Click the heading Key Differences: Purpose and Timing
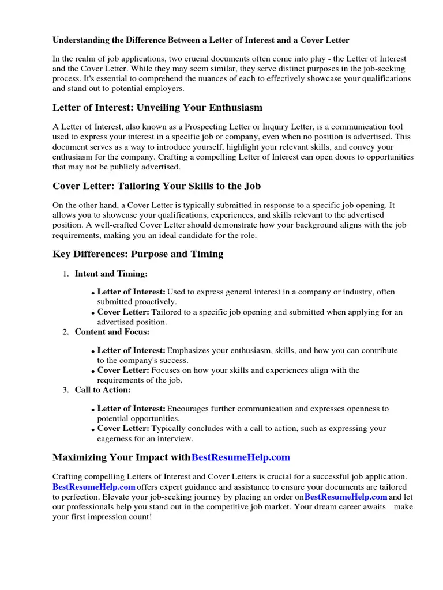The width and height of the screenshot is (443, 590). (138, 254)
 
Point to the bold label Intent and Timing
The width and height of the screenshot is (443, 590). (111, 274)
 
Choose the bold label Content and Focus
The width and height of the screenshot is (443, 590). (112, 332)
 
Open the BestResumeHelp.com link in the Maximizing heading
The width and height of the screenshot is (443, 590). (241, 457)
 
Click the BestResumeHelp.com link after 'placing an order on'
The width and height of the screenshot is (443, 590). (346, 497)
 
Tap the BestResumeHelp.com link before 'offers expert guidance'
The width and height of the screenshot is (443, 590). (94, 487)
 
